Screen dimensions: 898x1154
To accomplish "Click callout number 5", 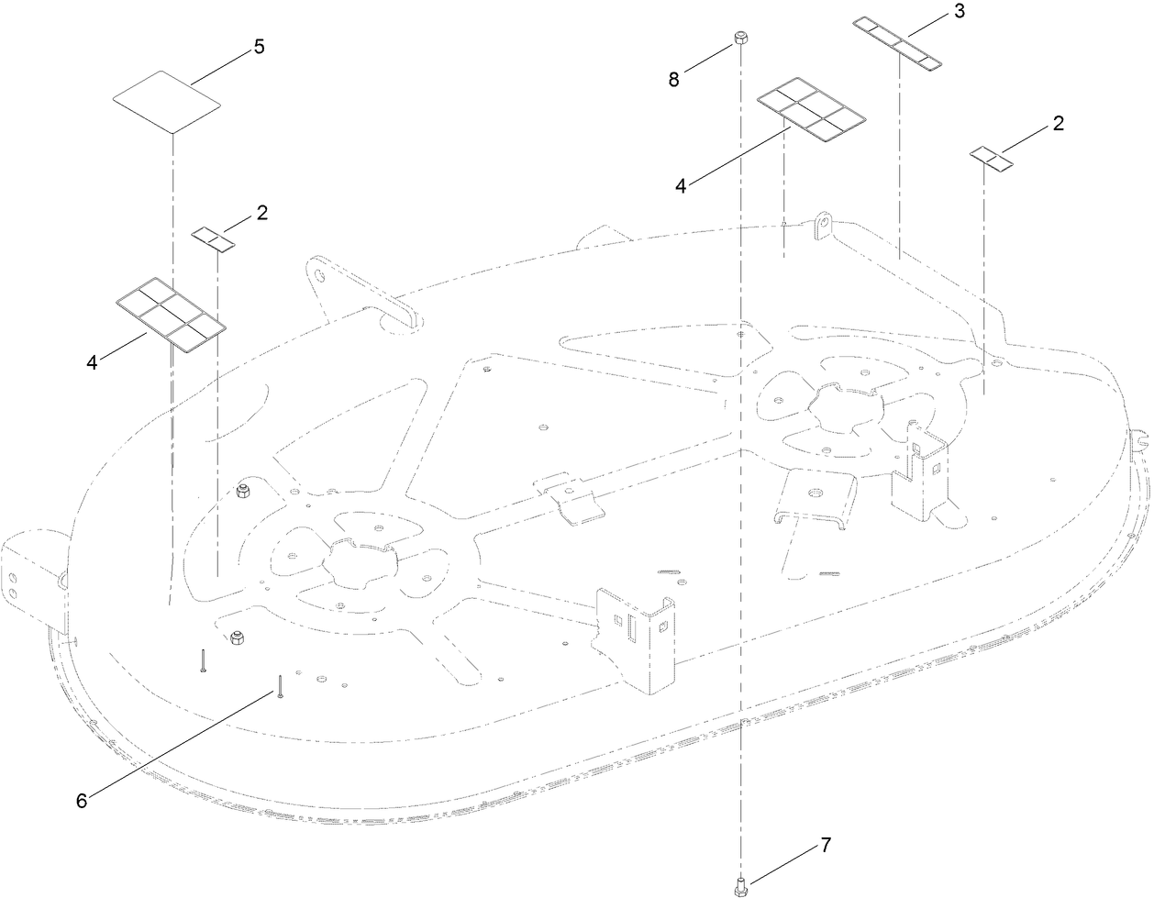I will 260,47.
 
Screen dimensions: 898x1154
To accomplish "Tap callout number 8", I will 674,80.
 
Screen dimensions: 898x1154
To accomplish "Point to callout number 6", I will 82,800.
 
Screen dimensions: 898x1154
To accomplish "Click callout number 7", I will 825,846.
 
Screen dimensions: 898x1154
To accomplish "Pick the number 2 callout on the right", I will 1058,124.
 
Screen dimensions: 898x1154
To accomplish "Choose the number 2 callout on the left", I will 261,213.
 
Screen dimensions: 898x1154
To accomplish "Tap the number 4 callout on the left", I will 93,362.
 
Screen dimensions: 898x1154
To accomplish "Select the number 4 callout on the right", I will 681,185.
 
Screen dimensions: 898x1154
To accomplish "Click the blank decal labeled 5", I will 167,102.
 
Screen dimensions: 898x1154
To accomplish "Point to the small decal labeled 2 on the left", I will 214,239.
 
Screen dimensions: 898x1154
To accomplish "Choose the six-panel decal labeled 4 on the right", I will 811,110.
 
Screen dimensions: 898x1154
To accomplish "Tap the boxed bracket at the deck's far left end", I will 28,578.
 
